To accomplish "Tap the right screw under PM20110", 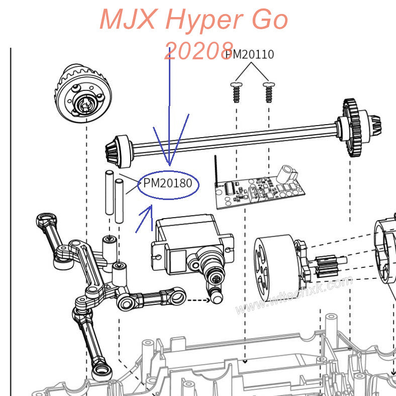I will tap(268, 91).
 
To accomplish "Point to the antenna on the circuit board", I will tap(217, 170).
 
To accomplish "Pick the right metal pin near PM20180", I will tap(120, 200).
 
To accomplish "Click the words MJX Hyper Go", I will tap(193, 20).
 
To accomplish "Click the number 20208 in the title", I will tap(199, 51).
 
